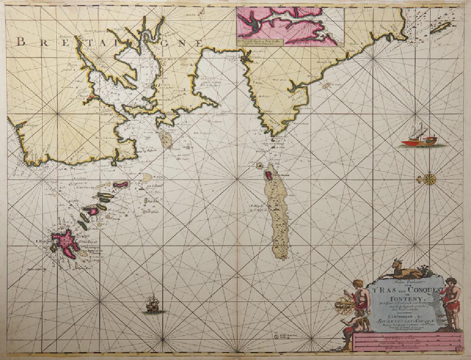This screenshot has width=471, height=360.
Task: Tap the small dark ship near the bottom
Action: [153, 303]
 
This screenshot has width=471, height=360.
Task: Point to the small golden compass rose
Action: [429, 179]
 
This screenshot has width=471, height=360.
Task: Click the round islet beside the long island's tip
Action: [259, 165]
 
